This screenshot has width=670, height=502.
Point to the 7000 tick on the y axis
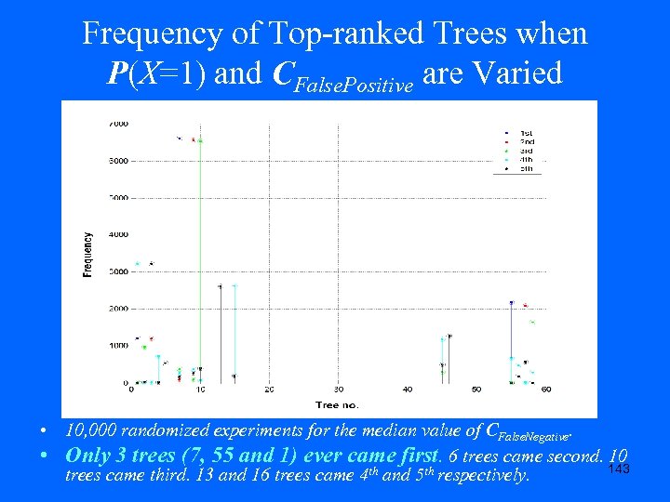(119, 124)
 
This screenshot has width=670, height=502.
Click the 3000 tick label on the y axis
(119, 271)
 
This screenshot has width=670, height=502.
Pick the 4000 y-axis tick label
(119, 234)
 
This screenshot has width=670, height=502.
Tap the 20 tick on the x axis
(269, 390)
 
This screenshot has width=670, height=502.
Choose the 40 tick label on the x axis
(407, 390)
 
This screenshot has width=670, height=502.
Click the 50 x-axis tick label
(476, 390)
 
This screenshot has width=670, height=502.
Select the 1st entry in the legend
(526, 132)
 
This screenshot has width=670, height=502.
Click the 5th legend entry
(526, 168)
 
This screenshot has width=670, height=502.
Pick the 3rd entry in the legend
(526, 150)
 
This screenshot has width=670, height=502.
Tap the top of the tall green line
(200, 140)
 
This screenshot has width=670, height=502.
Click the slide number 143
(618, 469)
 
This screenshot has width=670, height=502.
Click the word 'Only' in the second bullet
(89, 455)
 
